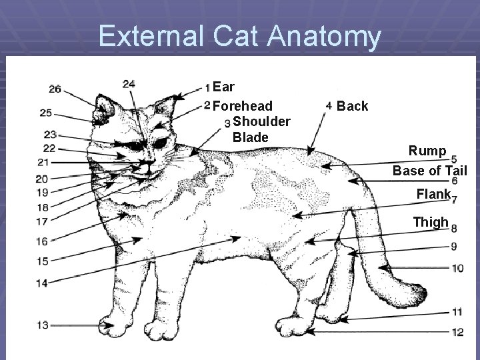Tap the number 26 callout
55,89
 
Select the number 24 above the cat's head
129,84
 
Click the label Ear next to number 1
226,87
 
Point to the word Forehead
246,106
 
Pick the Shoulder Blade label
261,129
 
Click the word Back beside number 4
353,107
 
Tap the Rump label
427,151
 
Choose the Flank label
433,195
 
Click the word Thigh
431,222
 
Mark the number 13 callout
43,325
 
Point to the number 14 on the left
41,283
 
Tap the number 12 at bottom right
457,331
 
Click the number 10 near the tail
457,268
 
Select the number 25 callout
45,113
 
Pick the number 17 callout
41,221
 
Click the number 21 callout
43,162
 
